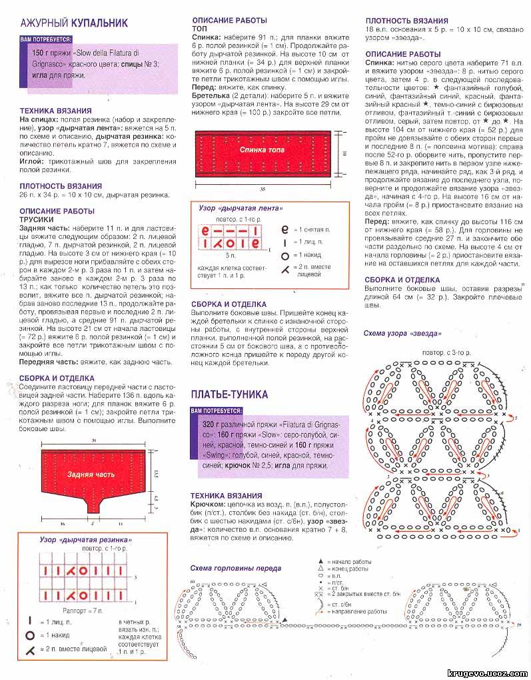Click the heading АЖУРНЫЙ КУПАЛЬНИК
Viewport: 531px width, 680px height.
tap(73, 23)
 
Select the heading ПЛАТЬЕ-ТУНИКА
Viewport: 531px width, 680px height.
tap(229, 394)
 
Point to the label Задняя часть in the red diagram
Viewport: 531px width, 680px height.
tap(90, 474)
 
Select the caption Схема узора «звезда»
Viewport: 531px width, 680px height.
tap(402, 332)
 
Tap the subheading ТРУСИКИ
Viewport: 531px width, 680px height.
tap(37, 219)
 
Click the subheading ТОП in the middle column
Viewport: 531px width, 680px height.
tap(199, 29)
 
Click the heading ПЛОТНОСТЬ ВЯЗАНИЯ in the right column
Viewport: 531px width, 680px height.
tap(406, 21)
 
